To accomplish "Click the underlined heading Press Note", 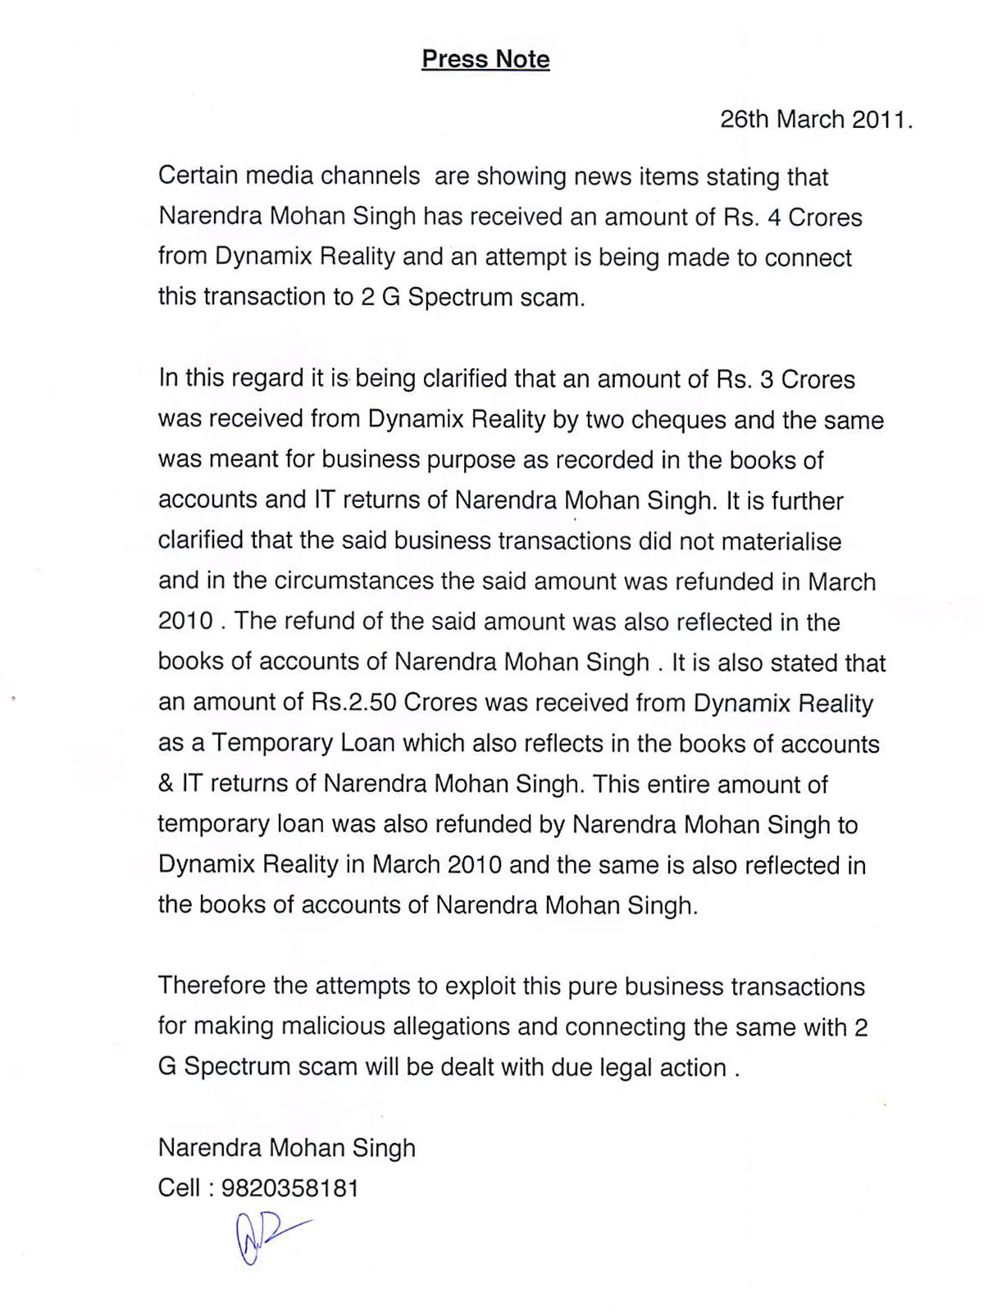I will coord(485,59).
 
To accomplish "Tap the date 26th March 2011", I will coord(816,120).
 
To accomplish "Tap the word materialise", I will coord(778,542).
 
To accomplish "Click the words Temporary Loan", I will coord(303,744).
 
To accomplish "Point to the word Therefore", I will coord(211,985).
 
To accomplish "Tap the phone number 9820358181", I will coord(290,1188).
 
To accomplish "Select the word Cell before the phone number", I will coord(179,1188).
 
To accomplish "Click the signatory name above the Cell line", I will coord(287,1147).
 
